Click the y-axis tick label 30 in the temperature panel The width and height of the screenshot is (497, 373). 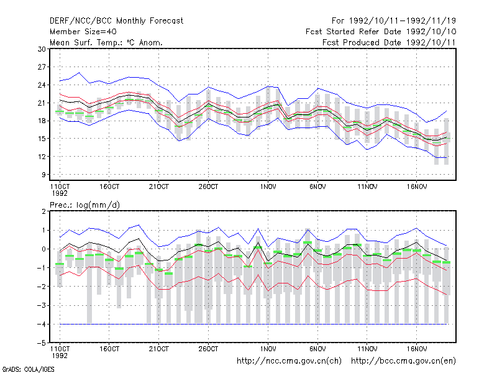pyautogui.click(x=42, y=49)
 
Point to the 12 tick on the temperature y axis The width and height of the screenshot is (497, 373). pyautogui.click(x=42, y=157)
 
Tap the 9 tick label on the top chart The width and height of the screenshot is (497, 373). pyautogui.click(x=43, y=175)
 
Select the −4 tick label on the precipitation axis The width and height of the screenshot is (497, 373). pyautogui.click(x=41, y=324)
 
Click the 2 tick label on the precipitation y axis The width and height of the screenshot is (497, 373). pyautogui.click(x=43, y=211)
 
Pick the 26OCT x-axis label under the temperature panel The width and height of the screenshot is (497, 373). pyautogui.click(x=208, y=187)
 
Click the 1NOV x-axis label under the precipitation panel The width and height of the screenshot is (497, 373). pyautogui.click(x=268, y=349)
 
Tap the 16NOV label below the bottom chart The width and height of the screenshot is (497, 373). pyautogui.click(x=417, y=349)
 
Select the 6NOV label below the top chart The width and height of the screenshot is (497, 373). pyautogui.click(x=317, y=187)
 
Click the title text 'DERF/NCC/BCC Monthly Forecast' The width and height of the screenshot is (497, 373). pyautogui.click(x=116, y=21)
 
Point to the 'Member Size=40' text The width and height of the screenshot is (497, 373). pyautogui.click(x=83, y=32)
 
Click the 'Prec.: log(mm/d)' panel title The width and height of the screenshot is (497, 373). pyautogui.click(x=84, y=205)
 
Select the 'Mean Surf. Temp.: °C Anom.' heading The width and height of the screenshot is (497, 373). pyautogui.click(x=106, y=42)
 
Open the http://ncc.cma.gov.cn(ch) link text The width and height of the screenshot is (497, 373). pyautogui.click(x=289, y=361)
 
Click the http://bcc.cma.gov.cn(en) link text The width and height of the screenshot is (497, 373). pyautogui.click(x=403, y=361)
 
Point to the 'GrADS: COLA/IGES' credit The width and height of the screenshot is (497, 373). pyautogui.click(x=28, y=369)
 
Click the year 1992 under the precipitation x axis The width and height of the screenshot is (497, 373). pyautogui.click(x=60, y=356)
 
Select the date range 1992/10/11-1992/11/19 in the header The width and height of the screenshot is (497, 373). pyautogui.click(x=402, y=21)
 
